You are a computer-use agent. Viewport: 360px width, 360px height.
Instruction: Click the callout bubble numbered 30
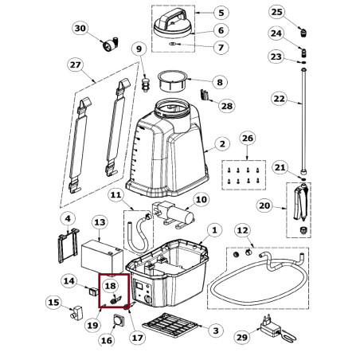click(80, 28)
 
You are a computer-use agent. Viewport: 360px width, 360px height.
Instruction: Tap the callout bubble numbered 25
click(277, 12)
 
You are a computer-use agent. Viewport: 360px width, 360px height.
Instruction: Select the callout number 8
click(220, 82)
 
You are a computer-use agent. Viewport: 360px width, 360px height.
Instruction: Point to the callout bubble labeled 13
click(100, 222)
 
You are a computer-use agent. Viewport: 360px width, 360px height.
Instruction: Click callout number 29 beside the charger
click(242, 338)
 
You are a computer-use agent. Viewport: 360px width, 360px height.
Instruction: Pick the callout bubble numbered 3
click(216, 331)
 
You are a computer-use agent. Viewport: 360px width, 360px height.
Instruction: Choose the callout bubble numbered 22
click(279, 99)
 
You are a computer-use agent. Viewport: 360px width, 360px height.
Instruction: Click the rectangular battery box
click(102, 256)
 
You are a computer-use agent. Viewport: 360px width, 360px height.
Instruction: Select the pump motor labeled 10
click(173, 214)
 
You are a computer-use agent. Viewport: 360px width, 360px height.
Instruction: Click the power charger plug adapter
click(269, 326)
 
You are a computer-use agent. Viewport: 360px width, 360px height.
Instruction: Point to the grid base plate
click(170, 325)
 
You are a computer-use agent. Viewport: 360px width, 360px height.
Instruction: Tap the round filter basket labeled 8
click(172, 81)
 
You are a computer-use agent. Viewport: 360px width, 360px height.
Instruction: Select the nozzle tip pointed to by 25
click(303, 33)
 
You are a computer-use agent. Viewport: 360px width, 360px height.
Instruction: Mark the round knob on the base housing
click(147, 300)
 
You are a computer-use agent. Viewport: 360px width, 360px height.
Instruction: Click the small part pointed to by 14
click(92, 292)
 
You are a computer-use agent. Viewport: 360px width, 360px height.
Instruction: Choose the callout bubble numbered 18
click(111, 286)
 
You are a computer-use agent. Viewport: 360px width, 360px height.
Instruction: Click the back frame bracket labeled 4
click(68, 245)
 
